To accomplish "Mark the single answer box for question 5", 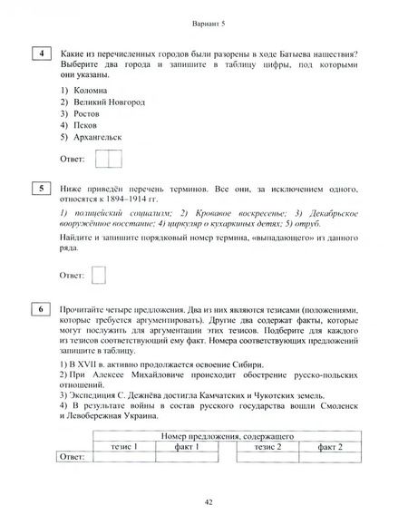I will (100, 273).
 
